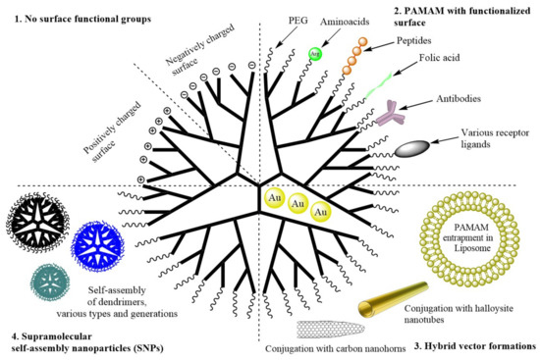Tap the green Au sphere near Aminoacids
(x=313, y=55)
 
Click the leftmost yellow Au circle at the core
(x=271, y=200)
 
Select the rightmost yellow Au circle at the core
(x=320, y=212)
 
